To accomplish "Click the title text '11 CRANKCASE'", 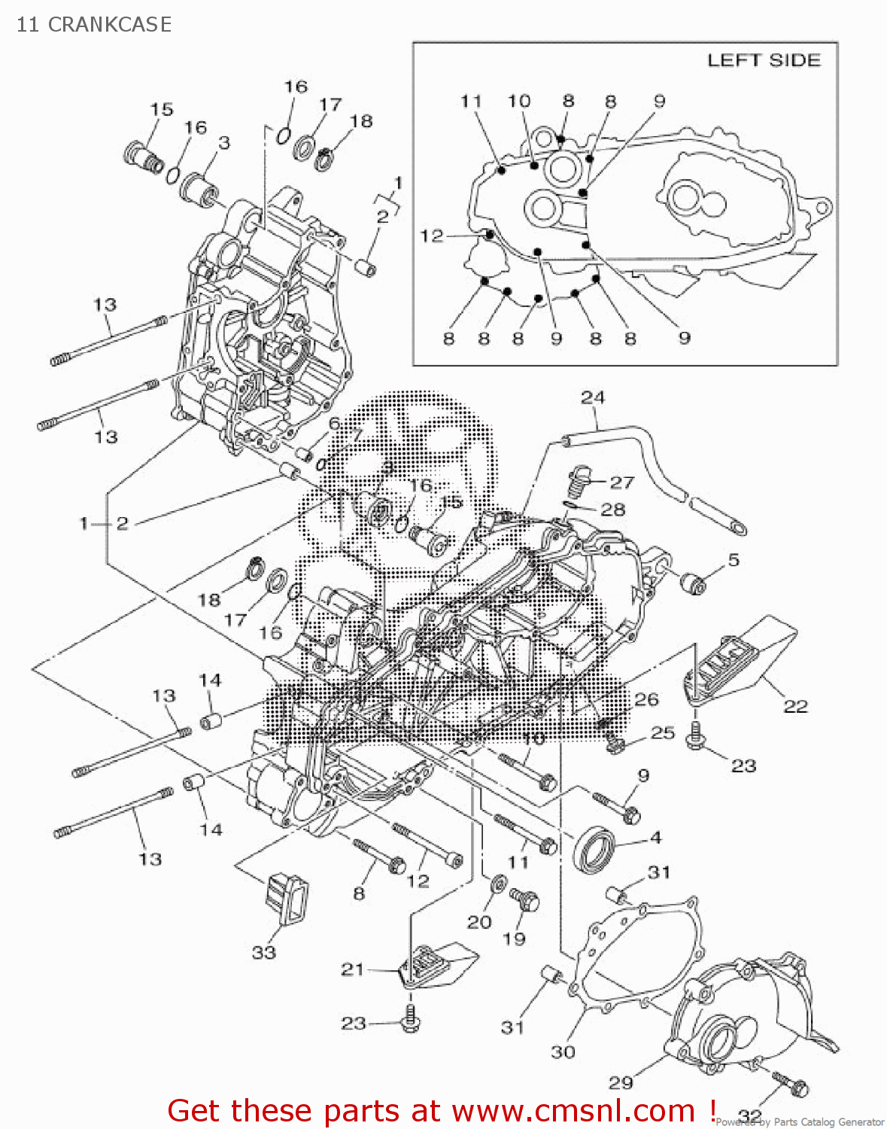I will [x=94, y=25].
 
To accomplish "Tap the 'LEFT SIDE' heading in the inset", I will [x=763, y=60].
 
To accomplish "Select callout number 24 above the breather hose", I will [x=592, y=397].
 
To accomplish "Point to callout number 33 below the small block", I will [x=263, y=952].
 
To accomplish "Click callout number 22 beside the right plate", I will [x=795, y=706].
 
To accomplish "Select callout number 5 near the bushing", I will [x=734, y=559].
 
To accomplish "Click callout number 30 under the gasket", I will [x=563, y=1051].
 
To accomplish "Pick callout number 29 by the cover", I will [x=621, y=1082].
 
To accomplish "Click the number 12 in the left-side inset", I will [x=432, y=236].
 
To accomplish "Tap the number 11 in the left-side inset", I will [x=471, y=101].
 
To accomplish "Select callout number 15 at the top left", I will [x=161, y=109].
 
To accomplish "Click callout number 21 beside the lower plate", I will [x=352, y=969].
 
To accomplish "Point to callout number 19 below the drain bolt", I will [x=514, y=938].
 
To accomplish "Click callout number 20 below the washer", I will [x=479, y=921].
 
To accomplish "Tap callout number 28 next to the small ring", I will [x=613, y=510].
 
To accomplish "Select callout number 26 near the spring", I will [x=646, y=699].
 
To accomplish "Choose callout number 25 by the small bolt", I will [x=663, y=732].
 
